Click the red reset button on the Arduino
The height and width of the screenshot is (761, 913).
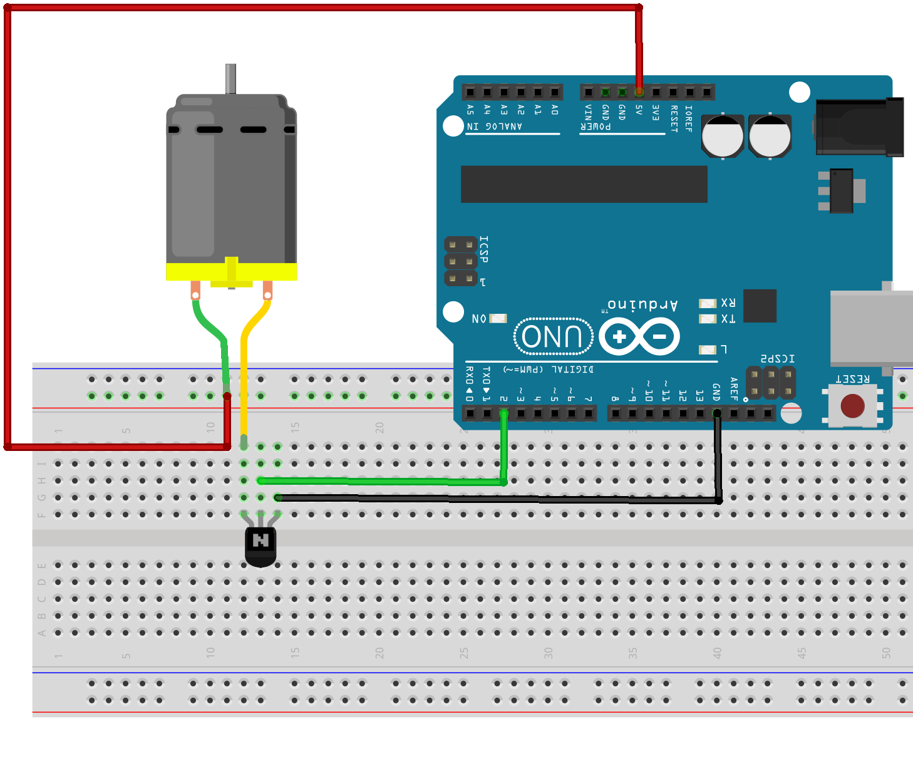point(852,406)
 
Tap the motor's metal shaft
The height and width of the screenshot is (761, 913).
point(230,78)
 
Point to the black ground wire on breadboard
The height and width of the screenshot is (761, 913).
point(501,499)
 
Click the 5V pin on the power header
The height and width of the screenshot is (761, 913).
point(639,92)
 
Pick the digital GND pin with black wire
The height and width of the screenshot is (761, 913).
point(717,413)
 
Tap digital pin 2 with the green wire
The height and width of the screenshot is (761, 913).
point(504,413)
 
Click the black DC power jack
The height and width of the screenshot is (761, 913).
point(859,127)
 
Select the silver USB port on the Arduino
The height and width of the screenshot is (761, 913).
point(872,328)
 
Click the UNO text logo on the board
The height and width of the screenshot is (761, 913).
point(552,336)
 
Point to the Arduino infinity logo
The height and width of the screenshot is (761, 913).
point(639,336)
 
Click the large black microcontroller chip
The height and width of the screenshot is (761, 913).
point(584,184)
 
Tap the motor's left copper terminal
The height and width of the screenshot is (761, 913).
point(195,291)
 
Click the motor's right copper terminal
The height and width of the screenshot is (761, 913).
point(267,291)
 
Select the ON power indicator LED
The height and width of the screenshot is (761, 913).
point(498,318)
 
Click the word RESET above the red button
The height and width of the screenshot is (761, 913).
point(852,379)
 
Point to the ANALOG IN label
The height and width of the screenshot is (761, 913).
point(495,127)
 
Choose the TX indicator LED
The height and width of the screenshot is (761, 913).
point(708,319)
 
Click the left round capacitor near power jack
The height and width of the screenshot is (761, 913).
point(723,135)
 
